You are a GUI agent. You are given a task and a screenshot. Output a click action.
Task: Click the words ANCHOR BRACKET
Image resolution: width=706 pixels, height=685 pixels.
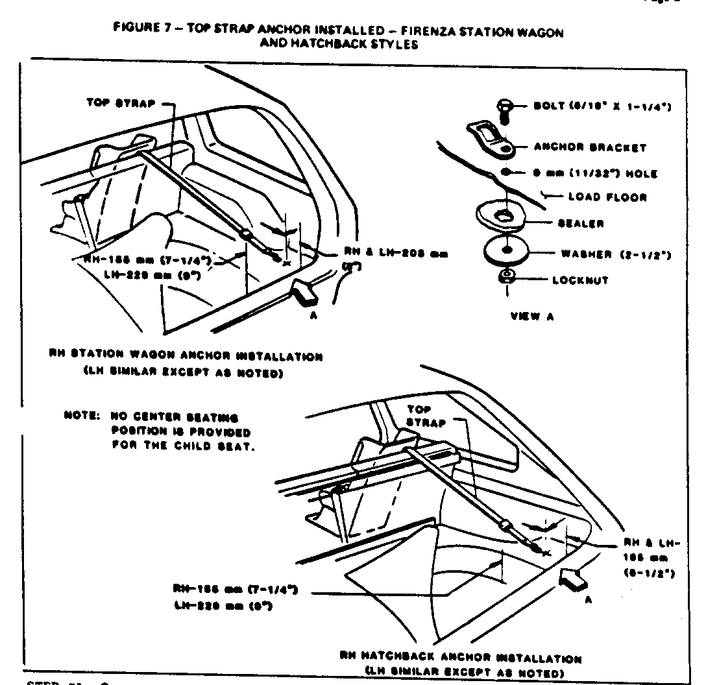pyautogui.click(x=589, y=147)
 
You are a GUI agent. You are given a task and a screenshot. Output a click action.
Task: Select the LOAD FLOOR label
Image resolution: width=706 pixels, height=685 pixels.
pyautogui.click(x=607, y=197)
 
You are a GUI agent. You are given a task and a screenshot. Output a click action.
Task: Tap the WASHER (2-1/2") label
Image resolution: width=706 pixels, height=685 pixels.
pyautogui.click(x=615, y=254)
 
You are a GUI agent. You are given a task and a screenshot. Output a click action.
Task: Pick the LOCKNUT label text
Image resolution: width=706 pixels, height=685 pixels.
pyautogui.click(x=580, y=281)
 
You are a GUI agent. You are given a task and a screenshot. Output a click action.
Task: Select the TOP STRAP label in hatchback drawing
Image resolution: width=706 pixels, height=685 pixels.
pyautogui.click(x=426, y=416)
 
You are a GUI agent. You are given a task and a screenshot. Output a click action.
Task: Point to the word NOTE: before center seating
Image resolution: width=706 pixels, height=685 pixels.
pyautogui.click(x=81, y=418)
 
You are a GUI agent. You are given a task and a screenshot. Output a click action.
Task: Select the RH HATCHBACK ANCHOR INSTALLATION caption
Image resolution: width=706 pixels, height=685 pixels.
pyautogui.click(x=460, y=657)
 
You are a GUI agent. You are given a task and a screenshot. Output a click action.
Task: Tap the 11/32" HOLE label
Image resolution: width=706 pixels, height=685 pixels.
pyautogui.click(x=604, y=173)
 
